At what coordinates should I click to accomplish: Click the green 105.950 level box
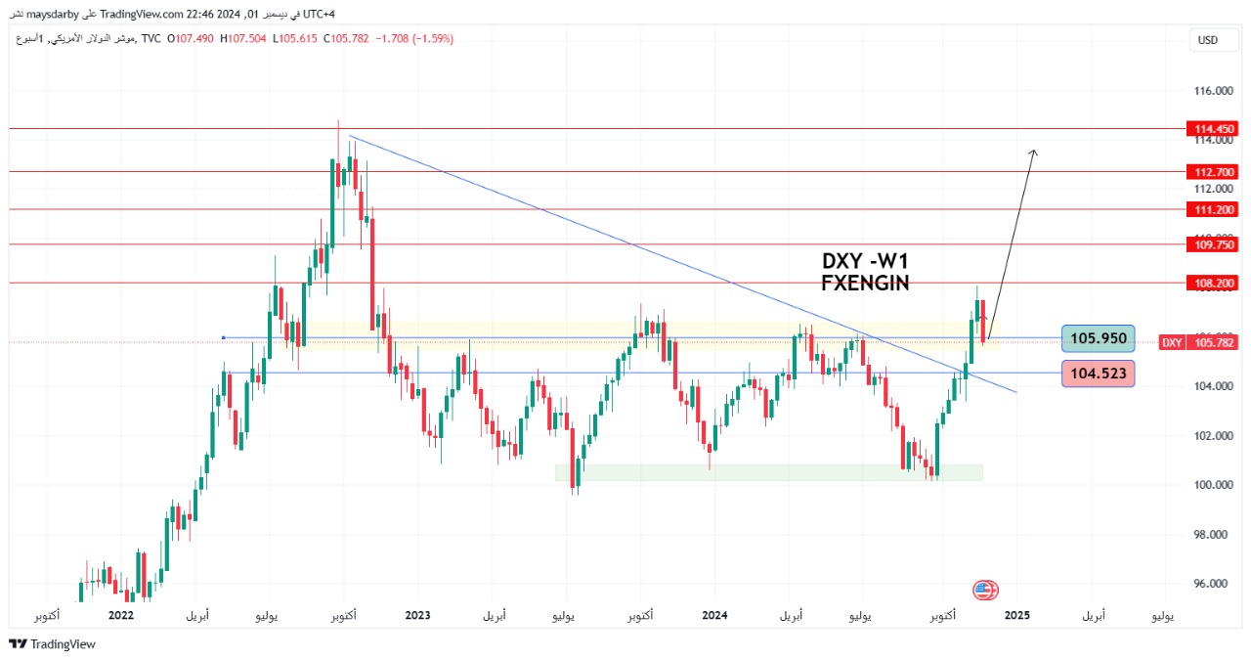(x=1098, y=339)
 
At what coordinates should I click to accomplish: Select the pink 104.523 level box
(x=1098, y=373)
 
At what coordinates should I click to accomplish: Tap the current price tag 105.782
(x=1213, y=342)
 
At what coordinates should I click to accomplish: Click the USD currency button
(x=1208, y=40)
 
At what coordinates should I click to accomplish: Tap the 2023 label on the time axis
(x=417, y=615)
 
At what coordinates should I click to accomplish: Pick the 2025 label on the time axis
(x=1016, y=615)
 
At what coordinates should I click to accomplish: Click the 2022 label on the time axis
(x=120, y=615)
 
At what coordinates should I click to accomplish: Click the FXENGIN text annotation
(x=865, y=283)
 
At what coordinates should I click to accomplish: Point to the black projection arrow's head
(x=1034, y=152)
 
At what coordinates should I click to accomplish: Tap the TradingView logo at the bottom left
(x=53, y=644)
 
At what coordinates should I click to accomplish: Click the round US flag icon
(x=985, y=590)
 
